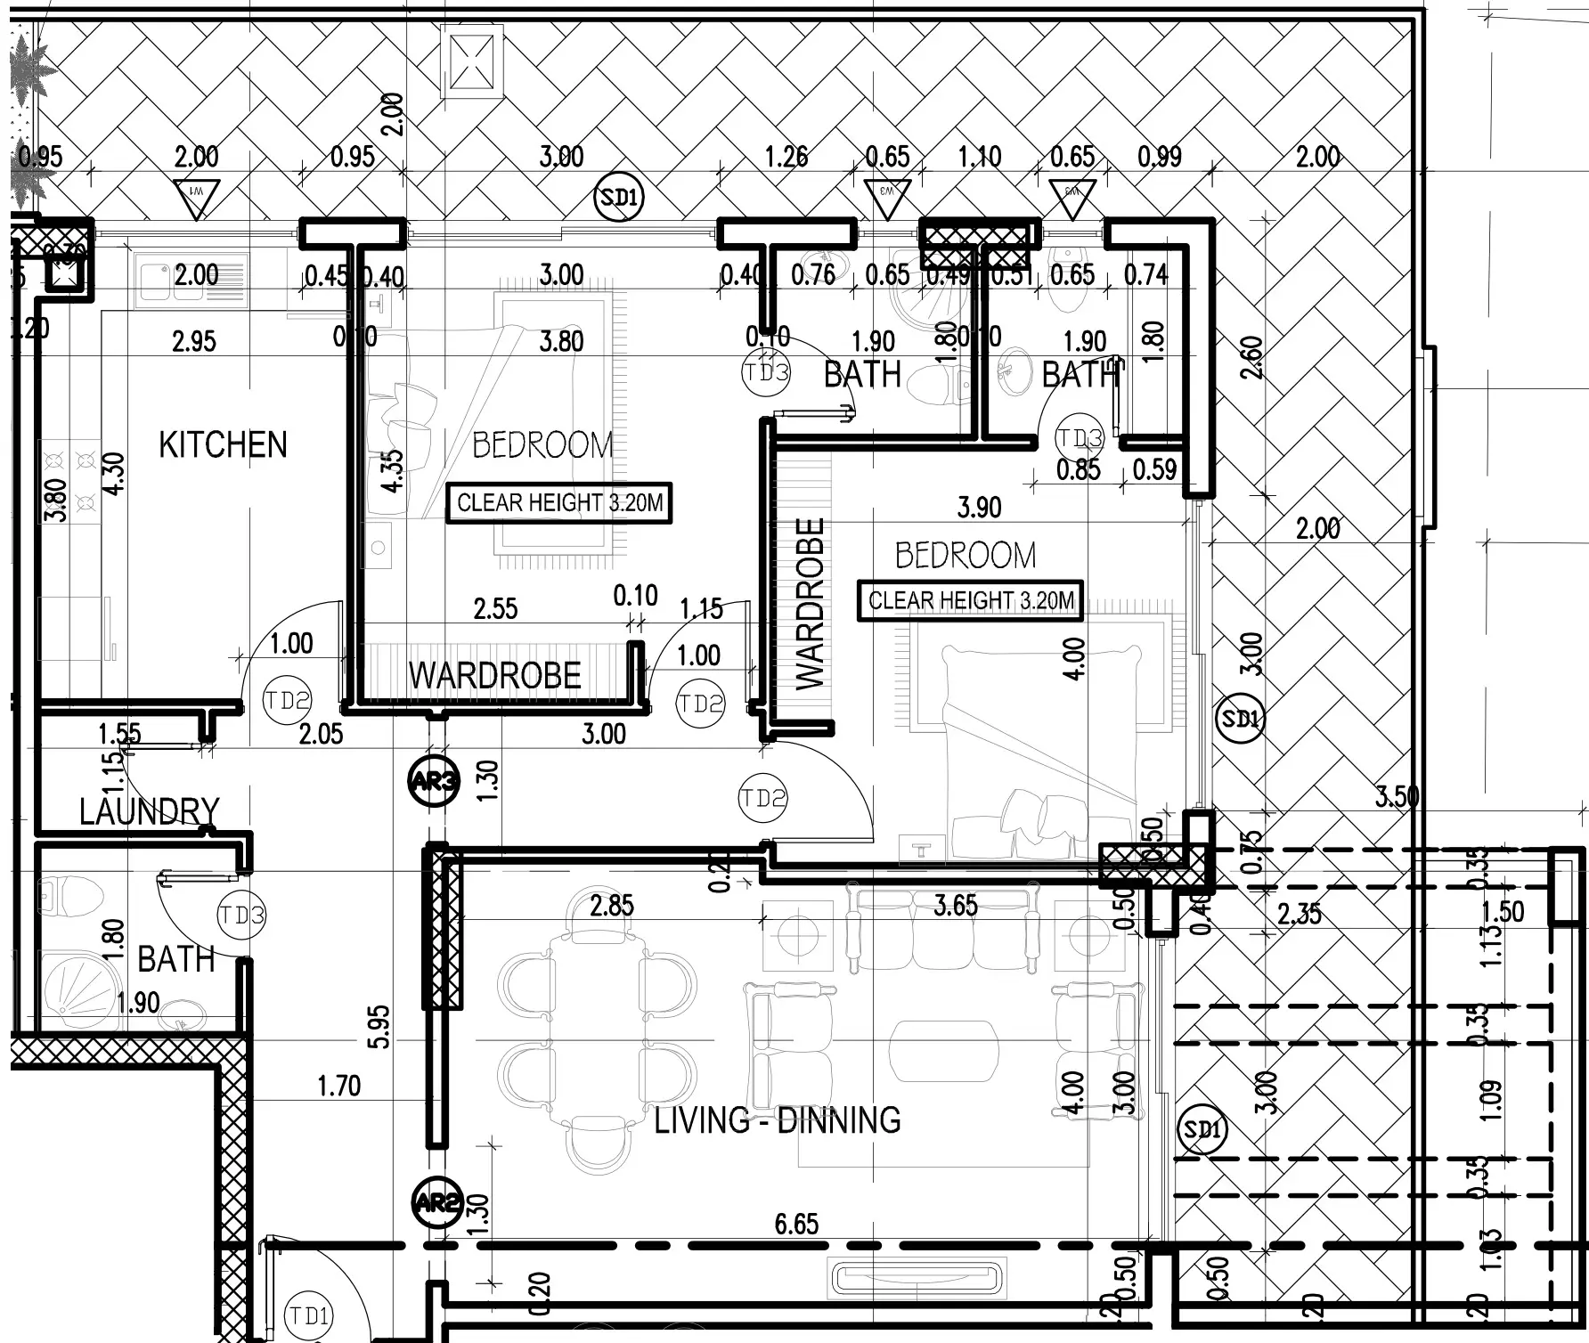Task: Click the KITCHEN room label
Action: coord(223,444)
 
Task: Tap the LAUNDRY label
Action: coord(149,811)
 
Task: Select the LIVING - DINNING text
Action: coord(777,1119)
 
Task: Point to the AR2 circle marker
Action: coord(436,1203)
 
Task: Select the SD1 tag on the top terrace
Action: coord(619,197)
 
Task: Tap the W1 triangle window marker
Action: coord(196,198)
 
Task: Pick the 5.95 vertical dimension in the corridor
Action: coord(379,1027)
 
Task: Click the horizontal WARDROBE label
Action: coord(494,676)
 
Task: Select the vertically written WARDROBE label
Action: coord(810,604)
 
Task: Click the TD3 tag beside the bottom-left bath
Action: coord(241,915)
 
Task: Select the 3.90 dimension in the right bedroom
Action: coord(979,508)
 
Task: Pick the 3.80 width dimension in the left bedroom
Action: coord(561,341)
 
